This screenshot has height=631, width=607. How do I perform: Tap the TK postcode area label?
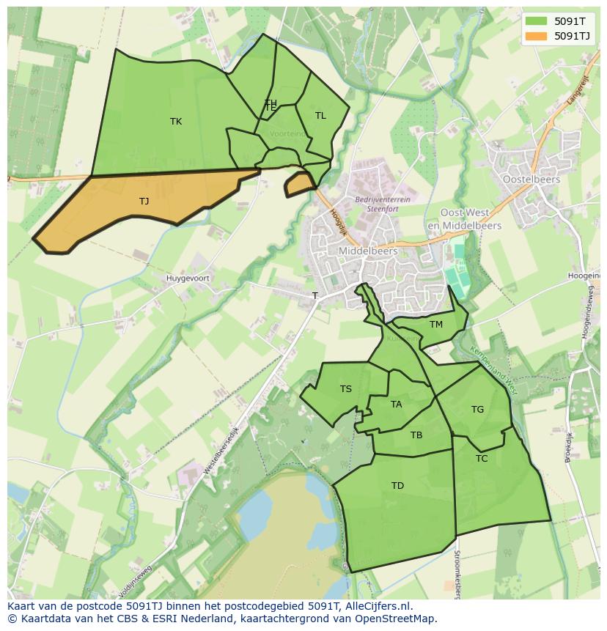pos(176,122)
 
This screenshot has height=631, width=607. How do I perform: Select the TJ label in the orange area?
pos(144,201)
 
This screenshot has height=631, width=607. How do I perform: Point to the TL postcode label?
pos(320,116)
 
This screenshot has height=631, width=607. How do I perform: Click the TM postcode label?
pos(436,325)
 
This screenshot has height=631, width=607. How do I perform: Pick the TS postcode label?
pos(346,389)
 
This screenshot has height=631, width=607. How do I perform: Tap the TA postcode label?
pos(397,405)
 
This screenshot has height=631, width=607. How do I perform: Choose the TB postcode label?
pos(416,435)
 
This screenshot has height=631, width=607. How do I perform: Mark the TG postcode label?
pos(478,410)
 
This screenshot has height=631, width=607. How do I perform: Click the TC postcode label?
pos(482,459)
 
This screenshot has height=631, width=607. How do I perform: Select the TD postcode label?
pos(397,486)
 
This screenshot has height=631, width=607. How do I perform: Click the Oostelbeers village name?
pos(531,179)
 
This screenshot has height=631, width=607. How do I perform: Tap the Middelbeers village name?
pos(368,251)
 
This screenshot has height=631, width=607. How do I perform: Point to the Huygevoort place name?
pos(188,278)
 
